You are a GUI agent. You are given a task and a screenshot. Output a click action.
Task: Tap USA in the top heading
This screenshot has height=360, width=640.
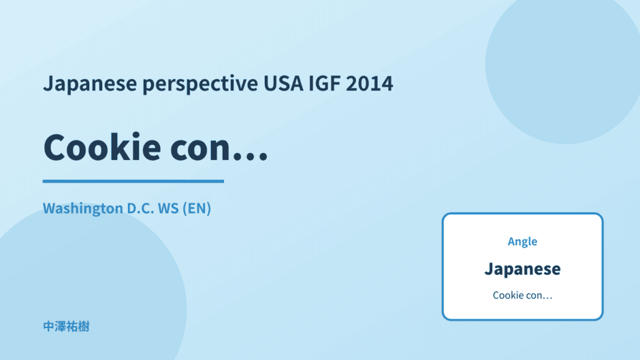(283, 83)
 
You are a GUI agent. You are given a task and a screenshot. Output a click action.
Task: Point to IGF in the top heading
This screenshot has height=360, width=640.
(324, 83)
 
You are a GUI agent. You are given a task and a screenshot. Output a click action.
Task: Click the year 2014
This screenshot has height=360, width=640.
(370, 83)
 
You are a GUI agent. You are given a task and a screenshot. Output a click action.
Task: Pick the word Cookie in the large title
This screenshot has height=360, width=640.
(102, 147)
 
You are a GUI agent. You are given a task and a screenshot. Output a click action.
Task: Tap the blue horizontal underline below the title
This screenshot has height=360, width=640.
(133, 181)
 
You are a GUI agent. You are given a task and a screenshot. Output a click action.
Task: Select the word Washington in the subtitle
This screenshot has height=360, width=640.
(83, 209)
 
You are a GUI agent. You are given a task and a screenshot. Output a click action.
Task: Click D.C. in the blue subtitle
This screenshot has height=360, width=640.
(140, 208)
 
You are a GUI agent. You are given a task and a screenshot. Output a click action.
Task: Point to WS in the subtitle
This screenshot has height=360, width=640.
(168, 208)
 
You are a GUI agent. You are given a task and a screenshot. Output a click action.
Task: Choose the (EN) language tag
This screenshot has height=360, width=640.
(197, 208)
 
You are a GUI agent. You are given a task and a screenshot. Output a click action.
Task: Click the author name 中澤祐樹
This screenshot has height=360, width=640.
(66, 327)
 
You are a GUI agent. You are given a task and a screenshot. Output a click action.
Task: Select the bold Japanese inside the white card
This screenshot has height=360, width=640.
(522, 269)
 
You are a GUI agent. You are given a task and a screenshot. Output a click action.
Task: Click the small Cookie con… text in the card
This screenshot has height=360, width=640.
(522, 295)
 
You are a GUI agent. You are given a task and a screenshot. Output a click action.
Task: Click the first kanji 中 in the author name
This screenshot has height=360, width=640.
(48, 327)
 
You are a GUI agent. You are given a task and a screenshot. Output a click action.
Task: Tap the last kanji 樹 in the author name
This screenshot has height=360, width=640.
(84, 327)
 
